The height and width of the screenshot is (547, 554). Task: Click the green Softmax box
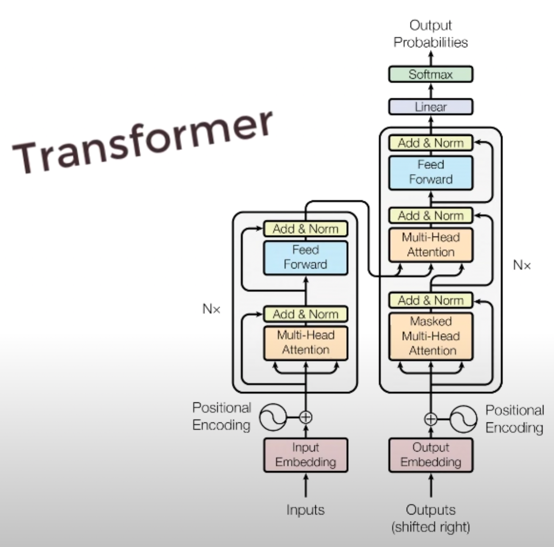point(430,75)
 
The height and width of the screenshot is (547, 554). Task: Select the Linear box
point(430,107)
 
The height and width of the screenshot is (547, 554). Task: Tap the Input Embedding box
point(306,455)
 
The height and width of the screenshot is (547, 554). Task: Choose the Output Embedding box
point(430,455)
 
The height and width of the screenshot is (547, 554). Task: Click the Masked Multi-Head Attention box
point(430,336)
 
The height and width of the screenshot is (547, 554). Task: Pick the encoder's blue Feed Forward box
point(306,257)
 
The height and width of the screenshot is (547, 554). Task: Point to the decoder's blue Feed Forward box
point(430,172)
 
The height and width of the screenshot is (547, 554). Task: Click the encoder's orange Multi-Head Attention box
point(306,342)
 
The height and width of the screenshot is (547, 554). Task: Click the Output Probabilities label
point(430,34)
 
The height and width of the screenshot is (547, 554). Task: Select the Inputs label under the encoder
point(306,509)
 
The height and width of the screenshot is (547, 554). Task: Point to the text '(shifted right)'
point(430,527)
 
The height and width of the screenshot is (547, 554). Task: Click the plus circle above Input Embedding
point(306,417)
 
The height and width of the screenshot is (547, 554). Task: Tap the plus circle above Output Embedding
point(430,419)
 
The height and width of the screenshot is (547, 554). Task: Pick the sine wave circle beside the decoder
point(463,419)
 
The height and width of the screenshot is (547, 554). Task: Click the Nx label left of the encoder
point(212,309)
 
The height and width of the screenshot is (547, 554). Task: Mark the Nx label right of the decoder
point(521,265)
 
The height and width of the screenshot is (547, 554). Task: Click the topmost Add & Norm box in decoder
point(430,143)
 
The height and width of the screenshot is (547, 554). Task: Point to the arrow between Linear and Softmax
point(431,90)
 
